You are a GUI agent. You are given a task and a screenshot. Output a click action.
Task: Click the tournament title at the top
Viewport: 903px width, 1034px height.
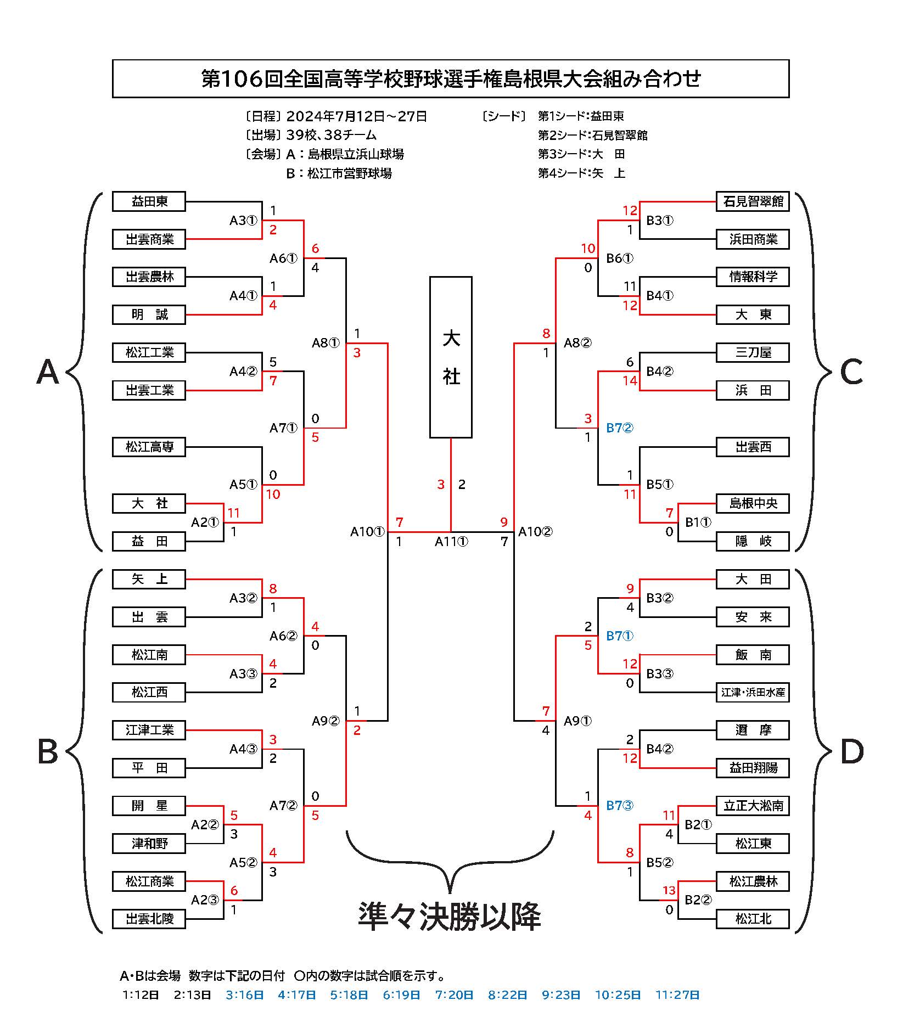click(x=451, y=79)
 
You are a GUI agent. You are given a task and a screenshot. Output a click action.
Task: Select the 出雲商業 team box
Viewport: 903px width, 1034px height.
click(x=149, y=240)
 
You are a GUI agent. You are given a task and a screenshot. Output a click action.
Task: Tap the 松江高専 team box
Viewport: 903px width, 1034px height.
click(x=149, y=447)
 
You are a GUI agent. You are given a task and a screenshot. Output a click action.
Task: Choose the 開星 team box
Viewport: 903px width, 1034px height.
click(x=149, y=806)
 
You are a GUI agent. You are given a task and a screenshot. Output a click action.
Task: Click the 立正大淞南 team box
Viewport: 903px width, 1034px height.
click(x=753, y=806)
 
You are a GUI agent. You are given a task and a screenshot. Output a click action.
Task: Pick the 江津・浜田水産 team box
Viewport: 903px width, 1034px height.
click(x=753, y=693)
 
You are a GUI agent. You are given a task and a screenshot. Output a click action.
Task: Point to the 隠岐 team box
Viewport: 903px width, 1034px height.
click(x=753, y=541)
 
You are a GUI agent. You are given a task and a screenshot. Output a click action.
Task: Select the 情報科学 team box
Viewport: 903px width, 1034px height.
click(x=753, y=277)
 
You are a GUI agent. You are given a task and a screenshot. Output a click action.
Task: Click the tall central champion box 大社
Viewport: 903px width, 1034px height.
click(x=451, y=357)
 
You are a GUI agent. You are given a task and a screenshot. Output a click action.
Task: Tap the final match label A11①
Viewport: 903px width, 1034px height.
click(x=451, y=542)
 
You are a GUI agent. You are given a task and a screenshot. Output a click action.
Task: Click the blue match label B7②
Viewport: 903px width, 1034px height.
click(x=619, y=428)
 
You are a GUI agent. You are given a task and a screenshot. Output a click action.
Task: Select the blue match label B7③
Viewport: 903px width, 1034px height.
click(x=619, y=806)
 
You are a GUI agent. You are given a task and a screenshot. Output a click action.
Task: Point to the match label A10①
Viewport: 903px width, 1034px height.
click(x=367, y=531)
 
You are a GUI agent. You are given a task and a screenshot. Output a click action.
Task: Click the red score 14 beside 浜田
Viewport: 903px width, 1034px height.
click(x=630, y=381)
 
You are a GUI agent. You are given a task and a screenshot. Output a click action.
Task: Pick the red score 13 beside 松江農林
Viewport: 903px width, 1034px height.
click(x=669, y=891)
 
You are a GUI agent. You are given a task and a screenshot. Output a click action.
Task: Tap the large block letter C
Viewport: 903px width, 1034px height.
click(x=851, y=372)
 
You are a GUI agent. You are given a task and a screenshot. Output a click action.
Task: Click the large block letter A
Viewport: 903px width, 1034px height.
click(x=47, y=372)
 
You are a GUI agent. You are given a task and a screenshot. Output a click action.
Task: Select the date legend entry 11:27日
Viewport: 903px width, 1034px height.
click(x=677, y=995)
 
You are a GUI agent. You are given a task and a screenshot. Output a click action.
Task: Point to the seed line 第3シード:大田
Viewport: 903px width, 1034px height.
click(x=581, y=154)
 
